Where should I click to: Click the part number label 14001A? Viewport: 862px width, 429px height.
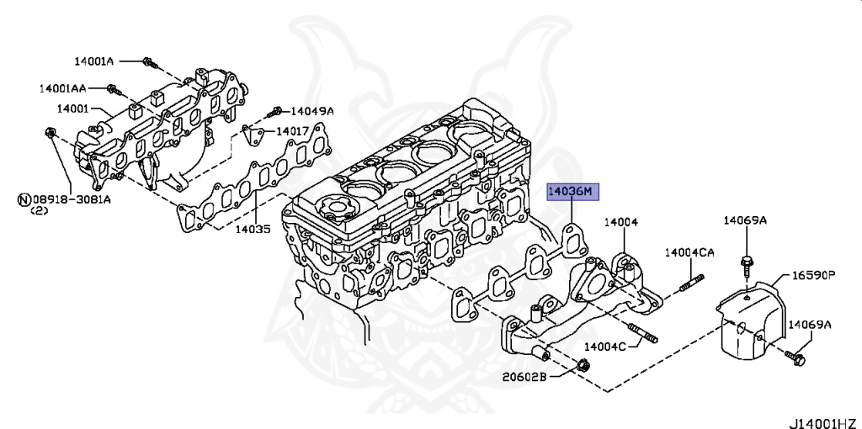[93, 61]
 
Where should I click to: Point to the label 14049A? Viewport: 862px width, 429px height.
[312, 111]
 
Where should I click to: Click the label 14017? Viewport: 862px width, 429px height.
[293, 131]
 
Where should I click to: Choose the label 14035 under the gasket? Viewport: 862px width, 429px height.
[252, 228]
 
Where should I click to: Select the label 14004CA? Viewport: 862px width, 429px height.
[689, 252]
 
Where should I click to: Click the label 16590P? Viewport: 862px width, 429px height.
[812, 275]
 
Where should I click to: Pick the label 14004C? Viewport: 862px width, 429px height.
[604, 347]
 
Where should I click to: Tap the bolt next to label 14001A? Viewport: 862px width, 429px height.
[149, 62]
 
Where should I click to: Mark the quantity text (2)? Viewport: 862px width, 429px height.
[40, 210]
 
